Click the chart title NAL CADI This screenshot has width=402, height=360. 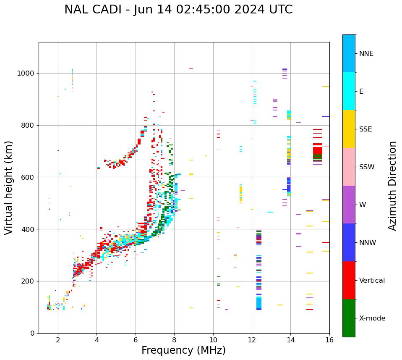[x=178, y=10]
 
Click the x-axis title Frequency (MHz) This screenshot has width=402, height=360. [x=183, y=350]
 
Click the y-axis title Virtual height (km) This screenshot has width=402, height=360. [x=9, y=187]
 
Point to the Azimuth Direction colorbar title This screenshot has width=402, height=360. [x=392, y=186]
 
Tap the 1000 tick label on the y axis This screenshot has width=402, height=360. [x=26, y=73]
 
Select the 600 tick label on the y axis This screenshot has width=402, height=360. [x=28, y=177]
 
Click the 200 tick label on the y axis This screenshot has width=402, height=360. [x=28, y=281]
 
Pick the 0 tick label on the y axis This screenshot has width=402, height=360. [x=32, y=333]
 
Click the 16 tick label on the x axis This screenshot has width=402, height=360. [x=329, y=340]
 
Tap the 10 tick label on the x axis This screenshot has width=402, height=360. [x=213, y=340]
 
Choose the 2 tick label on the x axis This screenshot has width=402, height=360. [x=58, y=340]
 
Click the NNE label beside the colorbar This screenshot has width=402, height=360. [x=366, y=54]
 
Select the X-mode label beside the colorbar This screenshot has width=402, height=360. [x=372, y=318]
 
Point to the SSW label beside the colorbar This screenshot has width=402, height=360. [x=367, y=167]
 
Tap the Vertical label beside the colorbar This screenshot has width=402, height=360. [x=372, y=281]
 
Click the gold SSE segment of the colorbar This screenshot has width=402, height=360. [x=349, y=129]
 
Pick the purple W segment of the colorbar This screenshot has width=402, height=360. [x=349, y=205]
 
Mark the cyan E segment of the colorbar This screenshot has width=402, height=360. [x=349, y=91]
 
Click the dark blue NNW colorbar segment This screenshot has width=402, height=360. [x=349, y=242]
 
